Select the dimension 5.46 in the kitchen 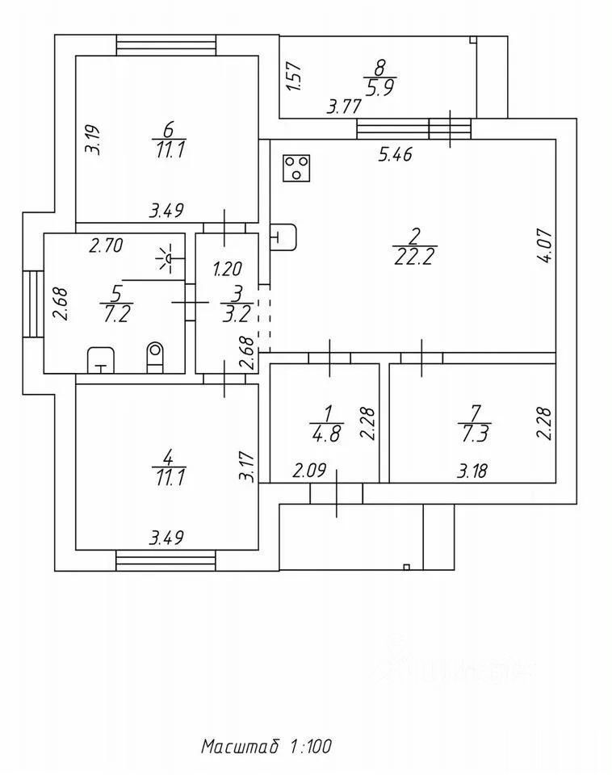[x=396, y=156]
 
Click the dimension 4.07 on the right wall [x=546, y=247]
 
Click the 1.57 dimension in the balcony [x=294, y=76]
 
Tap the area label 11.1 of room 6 [x=168, y=150]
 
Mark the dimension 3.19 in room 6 [x=94, y=139]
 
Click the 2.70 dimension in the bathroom [x=105, y=247]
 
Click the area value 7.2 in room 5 [x=119, y=314]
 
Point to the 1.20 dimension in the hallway [x=226, y=268]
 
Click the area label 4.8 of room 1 [x=326, y=431]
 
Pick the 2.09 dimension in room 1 [x=309, y=471]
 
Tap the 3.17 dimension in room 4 [x=247, y=467]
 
